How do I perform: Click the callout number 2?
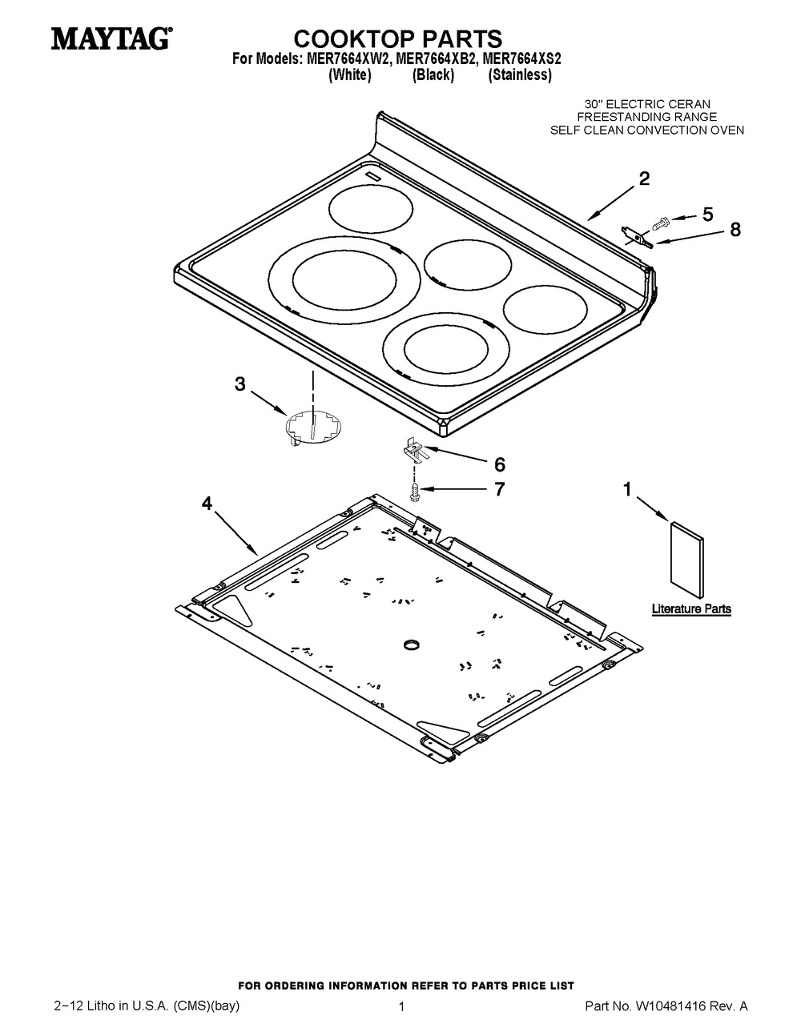644,180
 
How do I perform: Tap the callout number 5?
707,214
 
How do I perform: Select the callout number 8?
735,231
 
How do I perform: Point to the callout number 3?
239,384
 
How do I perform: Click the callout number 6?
499,464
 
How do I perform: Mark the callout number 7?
499,489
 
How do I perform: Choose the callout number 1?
628,488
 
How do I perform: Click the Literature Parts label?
690,609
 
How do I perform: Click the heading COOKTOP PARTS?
397,38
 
